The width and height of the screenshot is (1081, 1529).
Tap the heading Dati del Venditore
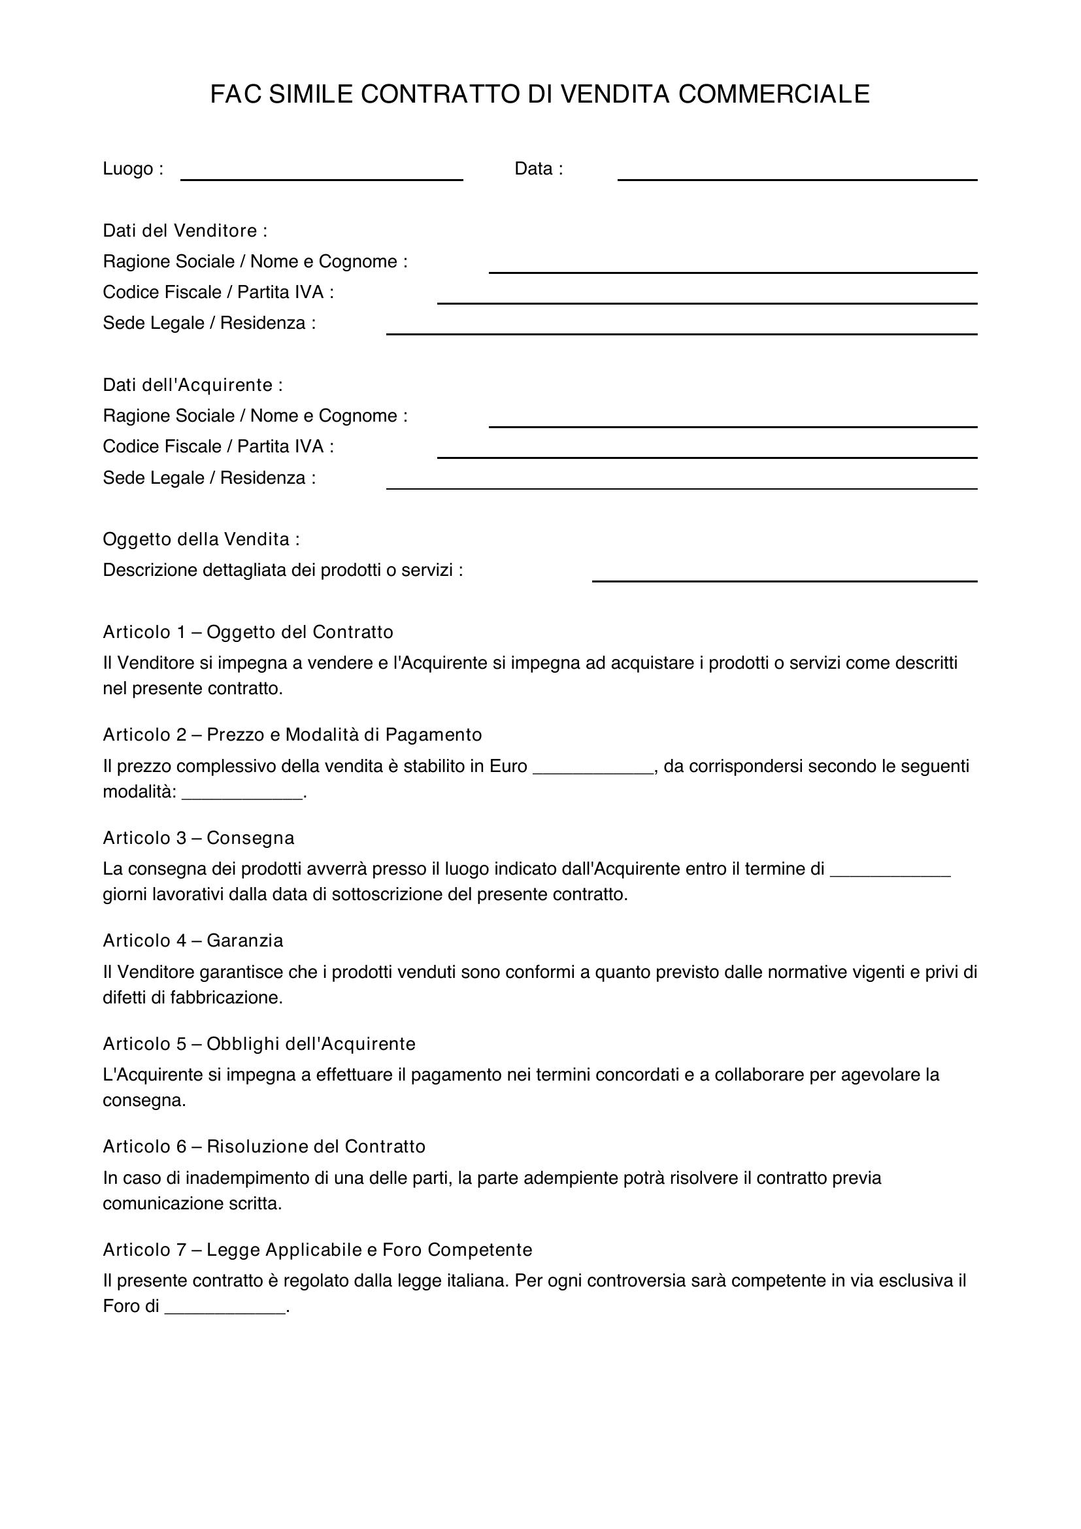(185, 231)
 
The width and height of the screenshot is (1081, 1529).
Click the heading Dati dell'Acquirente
(192, 385)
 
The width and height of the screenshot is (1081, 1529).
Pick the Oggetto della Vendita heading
(201, 539)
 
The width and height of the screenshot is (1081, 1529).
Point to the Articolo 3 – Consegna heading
(199, 838)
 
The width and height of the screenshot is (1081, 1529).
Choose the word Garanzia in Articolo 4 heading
(244, 940)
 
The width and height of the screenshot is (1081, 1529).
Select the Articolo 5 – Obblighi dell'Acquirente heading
(259, 1043)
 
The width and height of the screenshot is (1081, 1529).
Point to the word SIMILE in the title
(310, 95)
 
